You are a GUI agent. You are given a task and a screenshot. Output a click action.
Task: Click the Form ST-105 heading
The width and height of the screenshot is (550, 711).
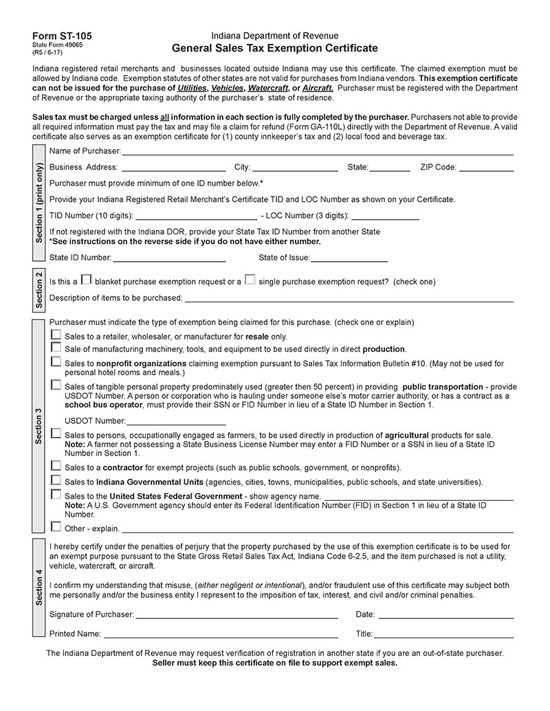(61, 36)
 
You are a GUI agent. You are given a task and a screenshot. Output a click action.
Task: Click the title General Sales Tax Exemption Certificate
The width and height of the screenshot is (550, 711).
(274, 48)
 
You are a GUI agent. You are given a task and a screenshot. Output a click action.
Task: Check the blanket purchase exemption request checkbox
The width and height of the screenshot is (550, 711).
(86, 280)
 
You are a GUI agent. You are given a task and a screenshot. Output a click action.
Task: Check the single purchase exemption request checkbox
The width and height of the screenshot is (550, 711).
(250, 280)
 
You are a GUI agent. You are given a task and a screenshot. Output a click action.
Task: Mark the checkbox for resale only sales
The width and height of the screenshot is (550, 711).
(56, 335)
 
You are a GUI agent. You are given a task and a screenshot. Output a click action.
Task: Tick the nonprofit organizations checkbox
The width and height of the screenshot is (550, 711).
(56, 362)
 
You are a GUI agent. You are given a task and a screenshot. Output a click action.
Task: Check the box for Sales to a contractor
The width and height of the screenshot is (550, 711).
(56, 466)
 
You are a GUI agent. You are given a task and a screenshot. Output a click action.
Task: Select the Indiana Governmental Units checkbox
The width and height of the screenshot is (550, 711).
(56, 480)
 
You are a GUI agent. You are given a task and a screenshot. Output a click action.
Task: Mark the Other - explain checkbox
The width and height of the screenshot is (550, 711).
(56, 527)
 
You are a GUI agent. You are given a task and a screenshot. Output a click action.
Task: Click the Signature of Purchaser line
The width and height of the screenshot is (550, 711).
(236, 614)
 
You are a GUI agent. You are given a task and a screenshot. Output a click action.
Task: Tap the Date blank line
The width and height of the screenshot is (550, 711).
(445, 614)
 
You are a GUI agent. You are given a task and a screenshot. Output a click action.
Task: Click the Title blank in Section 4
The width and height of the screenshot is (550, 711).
(443, 633)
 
